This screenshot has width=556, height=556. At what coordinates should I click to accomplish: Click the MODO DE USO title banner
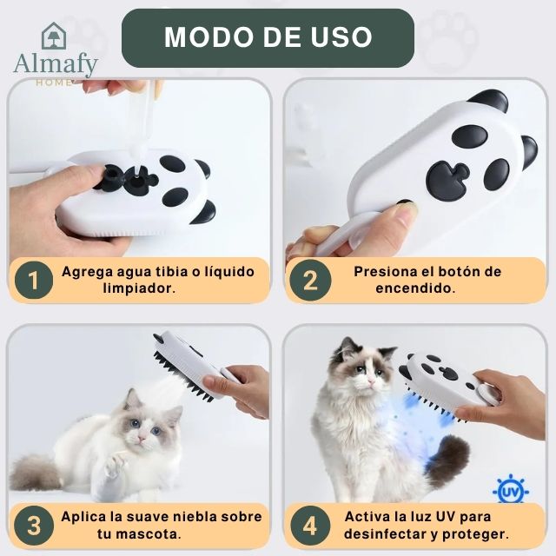(x=268, y=37)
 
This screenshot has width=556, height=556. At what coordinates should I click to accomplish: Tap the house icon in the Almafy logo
(x=54, y=36)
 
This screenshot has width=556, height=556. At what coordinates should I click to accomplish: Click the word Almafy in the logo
(x=56, y=64)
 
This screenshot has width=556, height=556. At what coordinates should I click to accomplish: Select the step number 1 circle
(x=34, y=281)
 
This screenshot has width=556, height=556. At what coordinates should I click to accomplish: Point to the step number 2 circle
(x=310, y=281)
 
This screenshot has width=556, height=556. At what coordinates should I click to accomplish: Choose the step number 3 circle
(x=34, y=526)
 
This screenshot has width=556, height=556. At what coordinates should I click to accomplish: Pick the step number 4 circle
(x=310, y=526)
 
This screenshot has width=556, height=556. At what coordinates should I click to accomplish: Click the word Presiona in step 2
(x=384, y=271)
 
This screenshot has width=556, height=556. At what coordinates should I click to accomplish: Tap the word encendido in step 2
(x=414, y=288)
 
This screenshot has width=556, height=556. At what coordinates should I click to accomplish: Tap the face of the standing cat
(x=363, y=372)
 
